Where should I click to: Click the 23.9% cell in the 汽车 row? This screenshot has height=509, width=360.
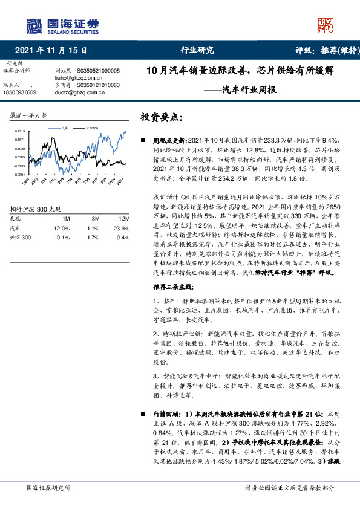point(122,228)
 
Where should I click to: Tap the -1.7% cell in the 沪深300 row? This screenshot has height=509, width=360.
point(93,237)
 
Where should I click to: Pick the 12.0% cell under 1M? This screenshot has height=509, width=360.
point(62,228)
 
